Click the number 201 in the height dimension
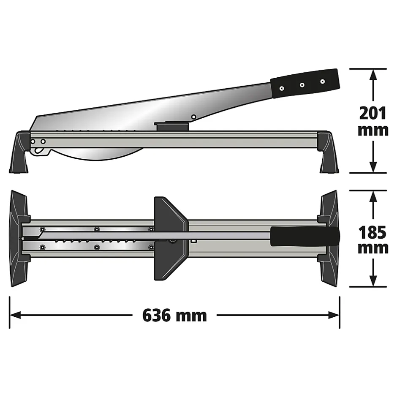pyautogui.click(x=373, y=113)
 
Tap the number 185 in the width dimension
pyautogui.click(x=373, y=233)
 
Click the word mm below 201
pyautogui.click(x=373, y=130)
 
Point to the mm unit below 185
pyautogui.click(x=373, y=248)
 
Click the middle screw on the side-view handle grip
pyautogui.click(x=302, y=85)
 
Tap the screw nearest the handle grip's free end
pyautogui.click(x=323, y=81)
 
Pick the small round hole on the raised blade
pyautogui.click(x=193, y=117)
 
